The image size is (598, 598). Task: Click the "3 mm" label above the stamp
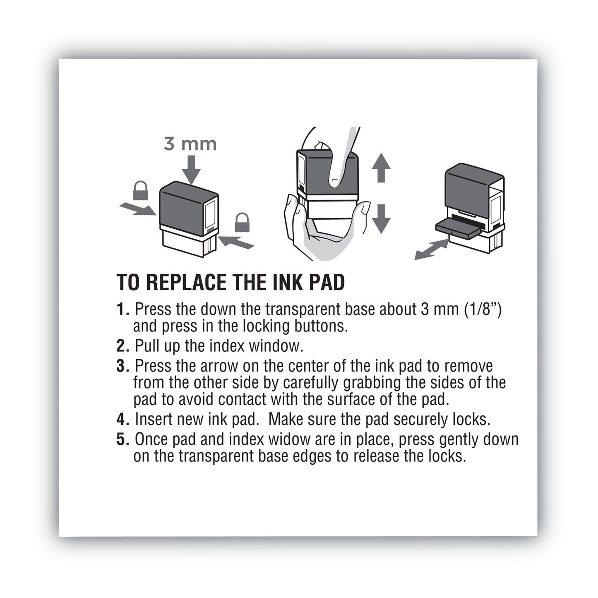[x=190, y=144]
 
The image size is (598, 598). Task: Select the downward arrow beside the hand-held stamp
[x=381, y=219]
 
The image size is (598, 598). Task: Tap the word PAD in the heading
[x=327, y=283]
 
